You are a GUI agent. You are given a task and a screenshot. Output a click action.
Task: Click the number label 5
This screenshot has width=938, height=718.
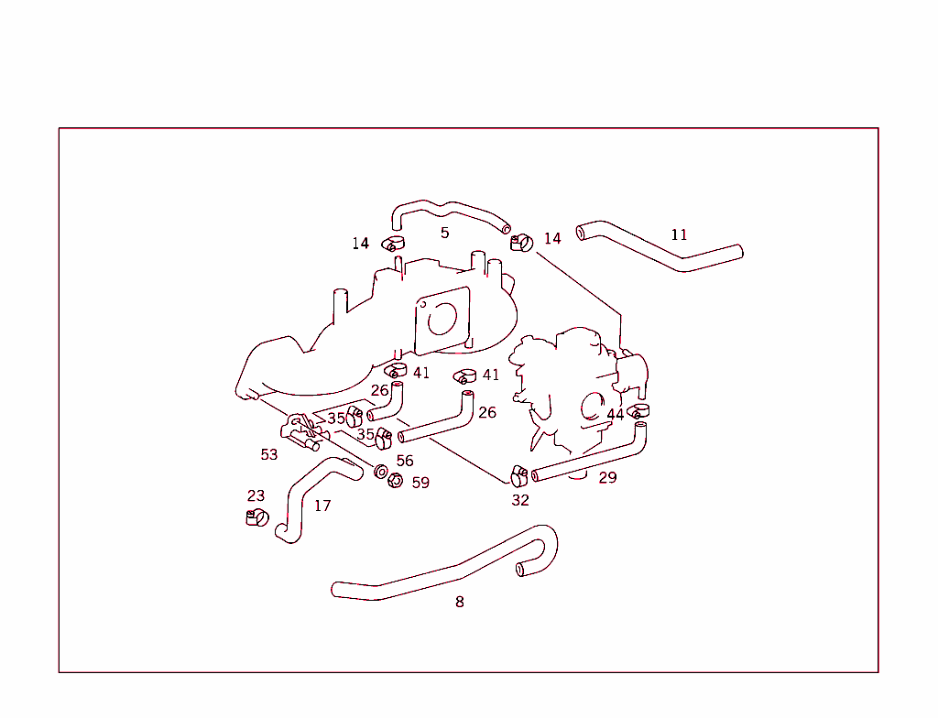(x=444, y=233)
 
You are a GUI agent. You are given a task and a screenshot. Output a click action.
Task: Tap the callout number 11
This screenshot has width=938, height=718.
(x=679, y=234)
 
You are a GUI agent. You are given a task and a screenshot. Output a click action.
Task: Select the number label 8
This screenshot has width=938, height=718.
(x=459, y=602)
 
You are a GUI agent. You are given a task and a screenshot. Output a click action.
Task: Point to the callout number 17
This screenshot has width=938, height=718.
(x=322, y=506)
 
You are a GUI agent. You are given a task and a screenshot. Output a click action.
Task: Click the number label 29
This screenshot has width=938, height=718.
(x=607, y=477)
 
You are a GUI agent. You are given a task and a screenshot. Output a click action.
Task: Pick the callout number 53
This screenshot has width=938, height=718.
(x=268, y=454)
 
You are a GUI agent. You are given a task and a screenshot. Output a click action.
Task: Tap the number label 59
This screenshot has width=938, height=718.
(x=420, y=483)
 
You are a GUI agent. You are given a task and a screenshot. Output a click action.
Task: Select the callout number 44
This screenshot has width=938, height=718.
(x=615, y=415)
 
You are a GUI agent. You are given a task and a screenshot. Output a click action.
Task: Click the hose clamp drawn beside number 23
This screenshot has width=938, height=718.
(x=256, y=517)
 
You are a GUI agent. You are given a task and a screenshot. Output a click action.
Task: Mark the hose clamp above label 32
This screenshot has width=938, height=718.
(x=518, y=475)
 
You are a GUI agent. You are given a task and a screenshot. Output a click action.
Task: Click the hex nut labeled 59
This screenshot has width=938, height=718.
(x=396, y=480)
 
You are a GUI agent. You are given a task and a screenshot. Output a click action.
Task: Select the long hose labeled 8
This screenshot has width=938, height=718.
(x=440, y=576)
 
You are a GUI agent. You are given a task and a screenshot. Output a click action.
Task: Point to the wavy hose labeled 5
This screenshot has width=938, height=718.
(x=449, y=212)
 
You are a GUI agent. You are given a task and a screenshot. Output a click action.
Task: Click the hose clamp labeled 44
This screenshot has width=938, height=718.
(x=638, y=411)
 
